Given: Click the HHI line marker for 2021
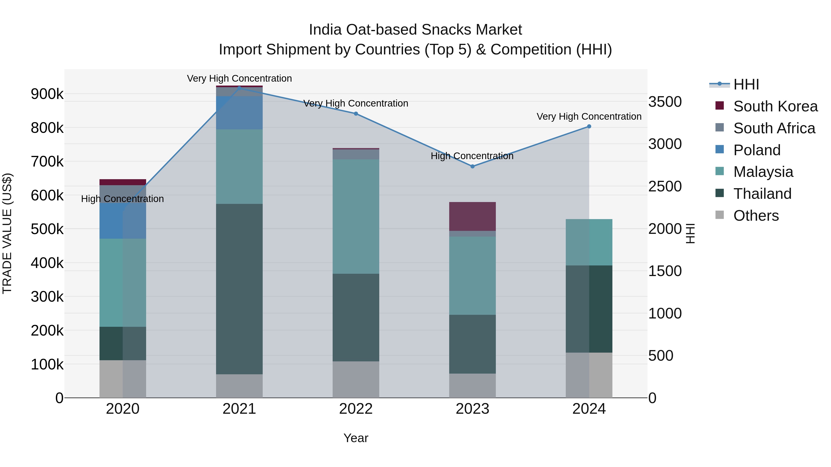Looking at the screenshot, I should click(x=239, y=88).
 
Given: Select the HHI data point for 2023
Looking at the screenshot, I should click(x=472, y=166).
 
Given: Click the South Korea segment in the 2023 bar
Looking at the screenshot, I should click(x=472, y=216).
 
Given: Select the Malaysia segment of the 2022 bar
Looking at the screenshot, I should click(x=356, y=216).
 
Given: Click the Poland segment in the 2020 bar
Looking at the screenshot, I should click(x=123, y=221).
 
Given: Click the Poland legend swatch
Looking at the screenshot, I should click(x=719, y=149).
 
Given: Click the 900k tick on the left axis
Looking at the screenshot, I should click(x=47, y=94).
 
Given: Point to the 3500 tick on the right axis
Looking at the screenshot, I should click(x=665, y=102).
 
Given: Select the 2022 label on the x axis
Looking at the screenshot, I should click(x=356, y=409).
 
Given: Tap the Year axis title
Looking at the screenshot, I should click(x=356, y=438).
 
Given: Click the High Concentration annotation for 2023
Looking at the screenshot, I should click(x=472, y=156).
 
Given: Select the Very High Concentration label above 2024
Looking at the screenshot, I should click(x=589, y=116).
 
